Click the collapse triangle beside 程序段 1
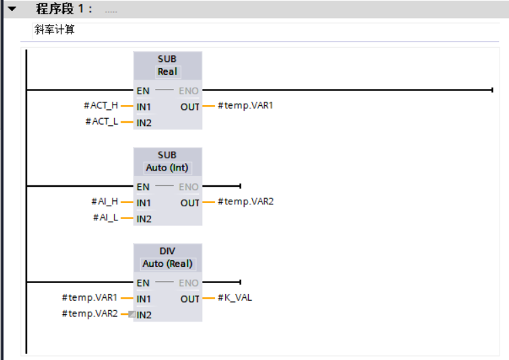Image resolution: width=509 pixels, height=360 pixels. [x=11, y=9]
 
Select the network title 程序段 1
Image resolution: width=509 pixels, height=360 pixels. [x=64, y=9]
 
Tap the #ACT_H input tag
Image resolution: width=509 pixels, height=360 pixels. [x=100, y=105]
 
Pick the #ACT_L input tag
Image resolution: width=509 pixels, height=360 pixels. [x=101, y=121]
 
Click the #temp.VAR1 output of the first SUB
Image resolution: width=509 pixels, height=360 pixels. [x=245, y=105]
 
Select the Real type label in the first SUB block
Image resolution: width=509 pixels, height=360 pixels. [x=167, y=71]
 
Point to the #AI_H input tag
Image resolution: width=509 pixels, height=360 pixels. [x=104, y=202]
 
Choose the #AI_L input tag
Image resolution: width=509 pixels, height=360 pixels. [x=105, y=218]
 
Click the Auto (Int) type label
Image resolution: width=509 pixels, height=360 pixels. [x=167, y=168]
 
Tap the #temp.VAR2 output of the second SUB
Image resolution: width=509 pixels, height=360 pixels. [x=245, y=202]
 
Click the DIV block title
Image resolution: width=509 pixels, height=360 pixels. [x=167, y=251]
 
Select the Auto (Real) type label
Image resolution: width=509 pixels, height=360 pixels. [x=167, y=264]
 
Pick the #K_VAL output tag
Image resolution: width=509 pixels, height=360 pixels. [x=235, y=297]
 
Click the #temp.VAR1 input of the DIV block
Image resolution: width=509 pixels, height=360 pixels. [x=90, y=297]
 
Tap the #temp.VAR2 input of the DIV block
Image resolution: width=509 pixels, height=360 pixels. [x=90, y=313]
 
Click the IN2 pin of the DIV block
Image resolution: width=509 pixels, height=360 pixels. [x=144, y=314]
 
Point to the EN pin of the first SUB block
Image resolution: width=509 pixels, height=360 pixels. [x=143, y=90]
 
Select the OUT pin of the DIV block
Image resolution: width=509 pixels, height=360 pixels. [x=190, y=298]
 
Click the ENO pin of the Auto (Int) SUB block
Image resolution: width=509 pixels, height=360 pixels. [x=189, y=187]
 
